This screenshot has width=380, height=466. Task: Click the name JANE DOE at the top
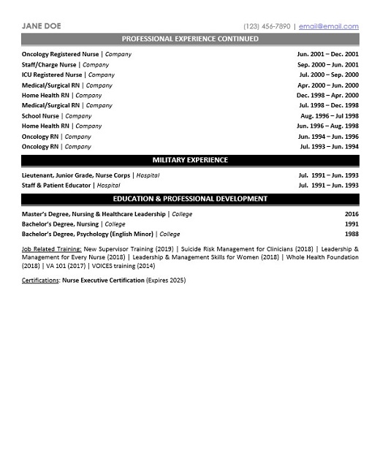pyautogui.click(x=42, y=26)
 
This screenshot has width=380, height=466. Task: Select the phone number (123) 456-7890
pyautogui.click(x=266, y=26)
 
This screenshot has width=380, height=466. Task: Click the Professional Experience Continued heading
pyautogui.click(x=190, y=39)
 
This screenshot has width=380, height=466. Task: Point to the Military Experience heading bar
pyautogui.click(x=190, y=160)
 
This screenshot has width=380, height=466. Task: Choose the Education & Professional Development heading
pyautogui.click(x=190, y=199)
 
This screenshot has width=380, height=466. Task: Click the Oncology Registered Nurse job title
pyautogui.click(x=60, y=54)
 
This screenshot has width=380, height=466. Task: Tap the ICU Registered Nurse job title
pyautogui.click(x=52, y=75)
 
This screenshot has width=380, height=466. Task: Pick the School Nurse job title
pyautogui.click(x=40, y=115)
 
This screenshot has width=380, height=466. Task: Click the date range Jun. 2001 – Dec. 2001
pyautogui.click(x=327, y=54)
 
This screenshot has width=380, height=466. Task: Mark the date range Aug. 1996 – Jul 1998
pyautogui.click(x=330, y=115)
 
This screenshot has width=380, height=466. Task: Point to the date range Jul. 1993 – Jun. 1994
pyautogui.click(x=329, y=146)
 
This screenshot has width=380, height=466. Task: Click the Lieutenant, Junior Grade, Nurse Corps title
pyautogui.click(x=76, y=175)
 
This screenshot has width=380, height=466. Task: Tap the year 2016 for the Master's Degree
pyautogui.click(x=351, y=214)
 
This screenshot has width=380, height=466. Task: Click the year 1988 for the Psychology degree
pyautogui.click(x=351, y=234)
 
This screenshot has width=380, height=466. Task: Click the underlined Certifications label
pyautogui.click(x=40, y=280)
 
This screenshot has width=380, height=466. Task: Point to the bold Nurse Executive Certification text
pyautogui.click(x=103, y=280)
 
